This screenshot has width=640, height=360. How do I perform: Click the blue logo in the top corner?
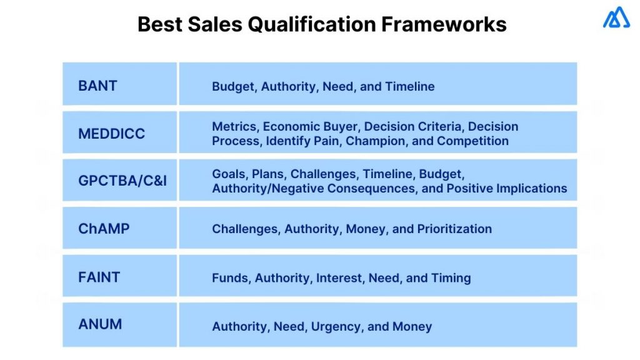click(x=616, y=18)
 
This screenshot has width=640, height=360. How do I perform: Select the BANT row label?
click(x=97, y=86)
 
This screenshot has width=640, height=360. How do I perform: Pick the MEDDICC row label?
click(x=111, y=133)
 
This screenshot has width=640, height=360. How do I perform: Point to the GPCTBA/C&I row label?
click(x=122, y=181)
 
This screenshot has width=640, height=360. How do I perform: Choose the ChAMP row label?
click(x=104, y=229)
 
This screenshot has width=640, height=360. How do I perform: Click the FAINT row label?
click(x=99, y=277)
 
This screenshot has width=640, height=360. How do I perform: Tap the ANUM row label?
click(x=100, y=324)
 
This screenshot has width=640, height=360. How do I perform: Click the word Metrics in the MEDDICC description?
click(x=234, y=126)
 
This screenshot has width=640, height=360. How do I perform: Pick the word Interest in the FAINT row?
click(x=339, y=277)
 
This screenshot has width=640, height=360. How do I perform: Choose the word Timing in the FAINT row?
click(x=451, y=277)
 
